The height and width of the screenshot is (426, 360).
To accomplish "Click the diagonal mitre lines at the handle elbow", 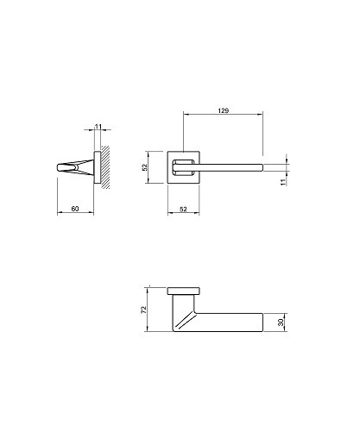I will point(184,321).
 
